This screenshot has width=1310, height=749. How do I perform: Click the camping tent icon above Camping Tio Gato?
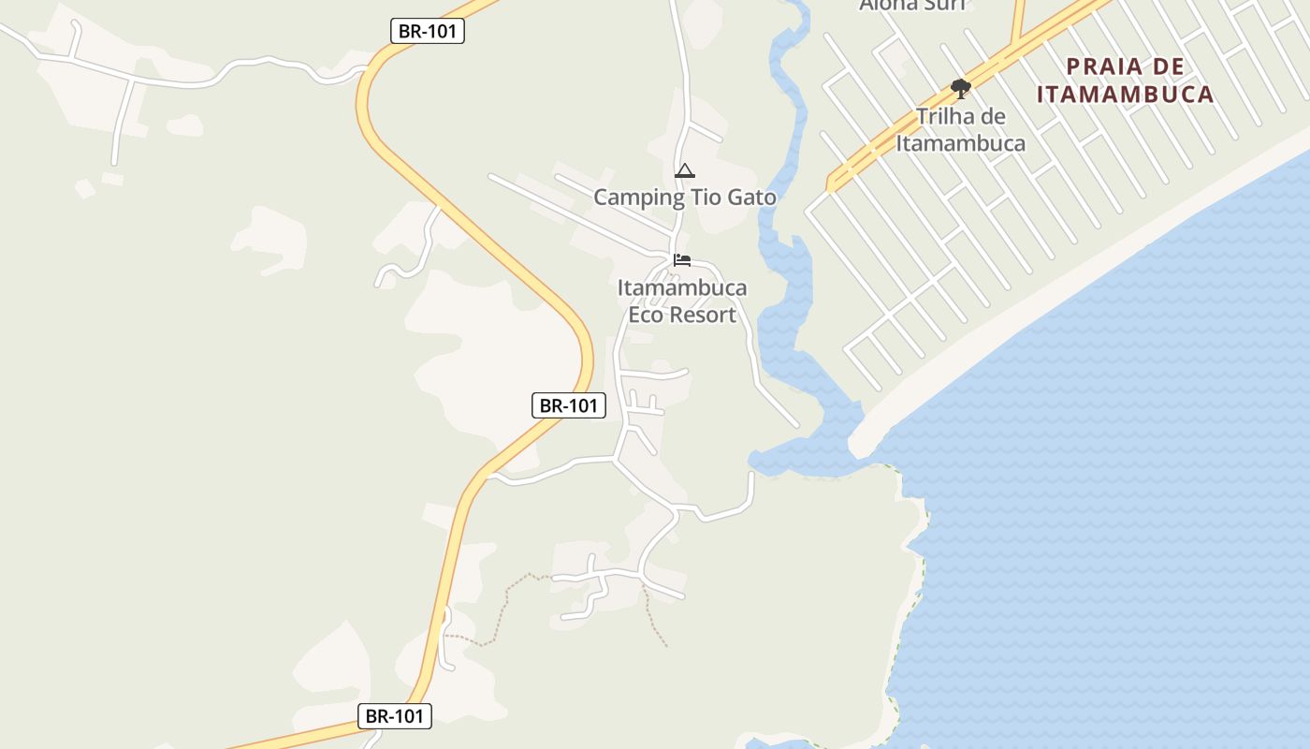click(685, 170)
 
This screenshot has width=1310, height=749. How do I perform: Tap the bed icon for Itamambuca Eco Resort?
click(682, 259)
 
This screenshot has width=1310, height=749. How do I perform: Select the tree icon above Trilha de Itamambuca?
click(960, 89)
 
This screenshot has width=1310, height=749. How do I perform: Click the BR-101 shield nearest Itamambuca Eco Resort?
click(568, 405)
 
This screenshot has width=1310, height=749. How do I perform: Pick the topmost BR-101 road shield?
click(427, 31)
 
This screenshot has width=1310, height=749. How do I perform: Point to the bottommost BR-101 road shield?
click(394, 716)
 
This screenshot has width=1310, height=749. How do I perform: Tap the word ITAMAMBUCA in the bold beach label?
click(1126, 95)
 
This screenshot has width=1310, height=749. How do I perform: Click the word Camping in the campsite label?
click(639, 198)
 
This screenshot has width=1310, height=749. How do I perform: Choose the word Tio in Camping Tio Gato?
click(706, 198)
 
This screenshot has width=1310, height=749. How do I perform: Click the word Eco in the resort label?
click(646, 315)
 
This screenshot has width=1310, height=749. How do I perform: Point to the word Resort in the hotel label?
click(703, 315)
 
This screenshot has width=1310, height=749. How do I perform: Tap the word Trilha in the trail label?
click(947, 117)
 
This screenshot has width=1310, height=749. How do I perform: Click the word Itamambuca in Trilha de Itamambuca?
click(960, 143)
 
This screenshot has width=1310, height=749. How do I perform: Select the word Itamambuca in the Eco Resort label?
click(682, 287)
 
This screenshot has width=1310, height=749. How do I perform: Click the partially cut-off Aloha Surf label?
click(911, 5)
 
